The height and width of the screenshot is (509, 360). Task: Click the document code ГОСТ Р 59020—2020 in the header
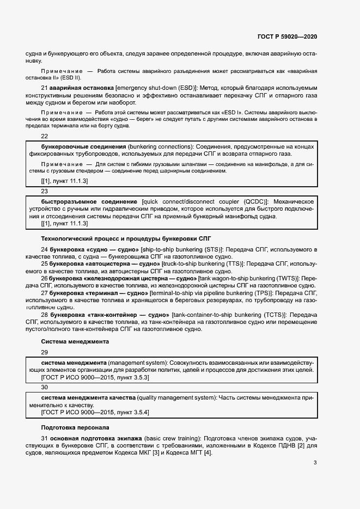tap(287, 36)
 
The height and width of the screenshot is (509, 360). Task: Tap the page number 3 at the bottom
tap(315, 463)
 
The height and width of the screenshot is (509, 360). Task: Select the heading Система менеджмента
tap(75, 342)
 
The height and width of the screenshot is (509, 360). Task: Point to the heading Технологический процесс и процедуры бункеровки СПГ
tap(126, 238)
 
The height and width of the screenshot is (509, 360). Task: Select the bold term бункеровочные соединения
tap(84, 147)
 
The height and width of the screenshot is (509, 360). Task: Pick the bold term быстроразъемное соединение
tap(89, 201)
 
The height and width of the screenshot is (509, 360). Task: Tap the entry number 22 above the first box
tap(45, 137)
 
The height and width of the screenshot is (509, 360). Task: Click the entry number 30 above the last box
tap(45, 387)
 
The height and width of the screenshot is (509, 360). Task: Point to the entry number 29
tap(45, 352)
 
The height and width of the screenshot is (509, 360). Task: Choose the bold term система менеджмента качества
tap(88, 398)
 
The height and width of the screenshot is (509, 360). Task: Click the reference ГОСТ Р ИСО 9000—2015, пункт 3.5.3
tap(95, 377)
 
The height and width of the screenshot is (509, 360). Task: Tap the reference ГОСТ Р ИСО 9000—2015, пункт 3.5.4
tap(95, 412)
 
